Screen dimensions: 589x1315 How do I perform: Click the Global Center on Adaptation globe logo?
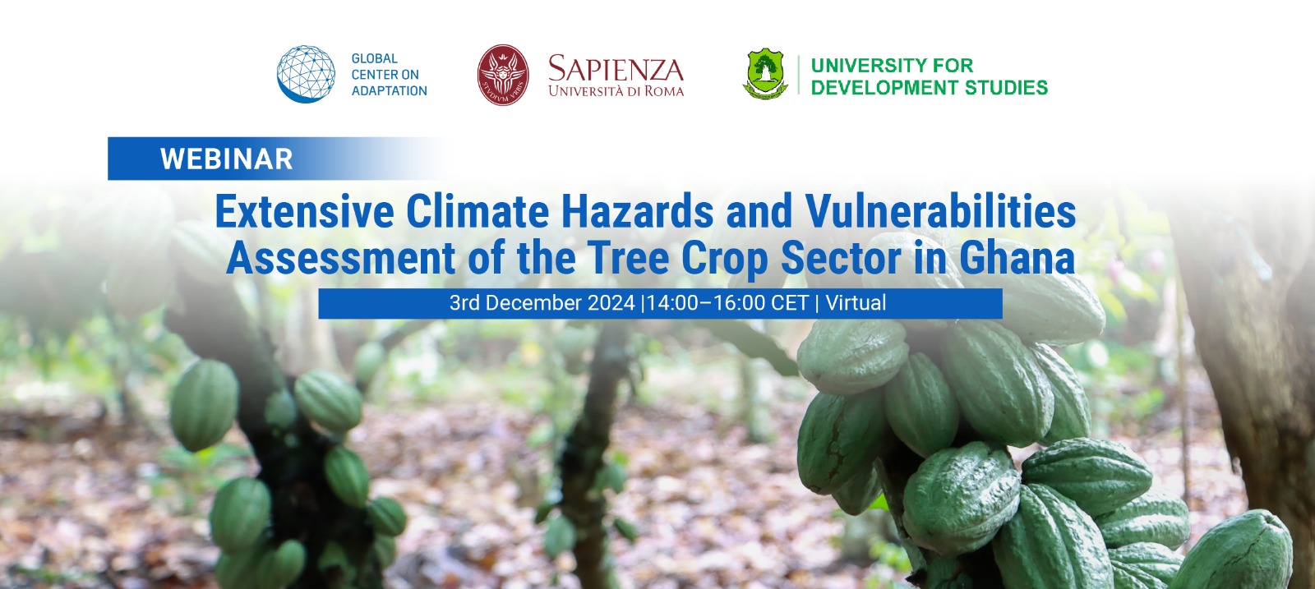pyautogui.click(x=306, y=74)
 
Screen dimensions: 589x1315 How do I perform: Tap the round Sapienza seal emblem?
pyautogui.click(x=503, y=75)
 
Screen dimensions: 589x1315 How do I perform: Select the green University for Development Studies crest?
pyautogui.click(x=765, y=75)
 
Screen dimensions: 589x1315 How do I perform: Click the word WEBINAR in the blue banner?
pyautogui.click(x=227, y=159)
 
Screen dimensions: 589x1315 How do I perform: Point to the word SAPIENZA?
pyautogui.click(x=616, y=69)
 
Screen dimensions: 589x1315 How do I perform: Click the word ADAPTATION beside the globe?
pyautogui.click(x=390, y=90)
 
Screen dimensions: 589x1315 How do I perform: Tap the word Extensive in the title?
pyautogui.click(x=304, y=212)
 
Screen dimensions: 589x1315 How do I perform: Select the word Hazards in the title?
pyautogui.click(x=638, y=212)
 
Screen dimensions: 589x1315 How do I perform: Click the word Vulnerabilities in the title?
pyautogui.click(x=940, y=212)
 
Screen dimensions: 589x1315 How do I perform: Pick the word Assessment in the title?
pyautogui.click(x=341, y=258)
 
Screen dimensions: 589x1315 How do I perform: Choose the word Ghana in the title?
pyautogui.click(x=1017, y=258)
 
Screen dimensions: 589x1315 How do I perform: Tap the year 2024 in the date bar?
pyautogui.click(x=611, y=303)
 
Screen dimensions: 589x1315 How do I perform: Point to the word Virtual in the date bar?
pyautogui.click(x=856, y=303)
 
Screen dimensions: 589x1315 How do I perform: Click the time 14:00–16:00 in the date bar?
pyautogui.click(x=707, y=303)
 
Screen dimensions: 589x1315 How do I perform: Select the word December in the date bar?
pyautogui.click(x=534, y=303)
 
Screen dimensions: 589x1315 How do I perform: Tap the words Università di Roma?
pyautogui.click(x=616, y=91)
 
